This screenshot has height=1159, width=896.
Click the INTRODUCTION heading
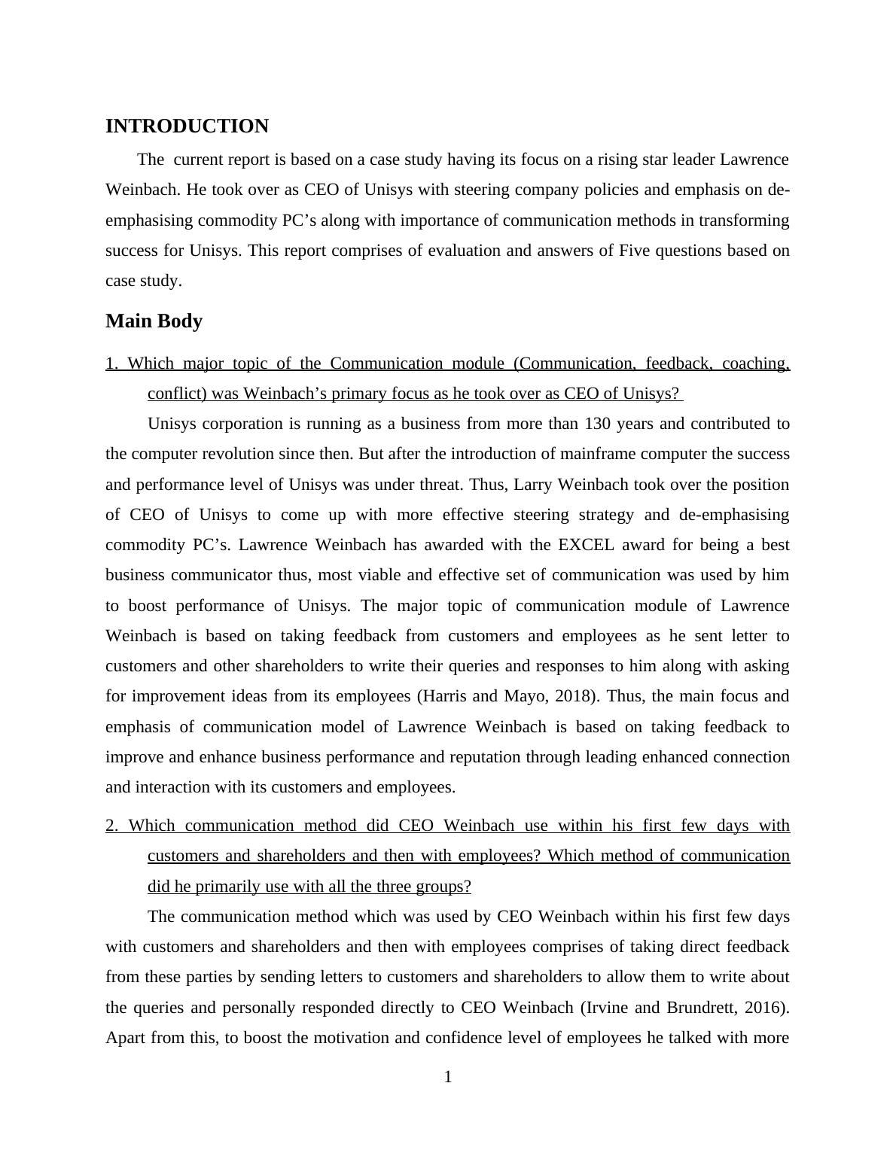pyautogui.click(x=187, y=126)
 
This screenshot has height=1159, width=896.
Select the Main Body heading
pyautogui.click(x=154, y=321)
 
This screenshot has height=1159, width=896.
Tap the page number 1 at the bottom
pyautogui.click(x=448, y=1078)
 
